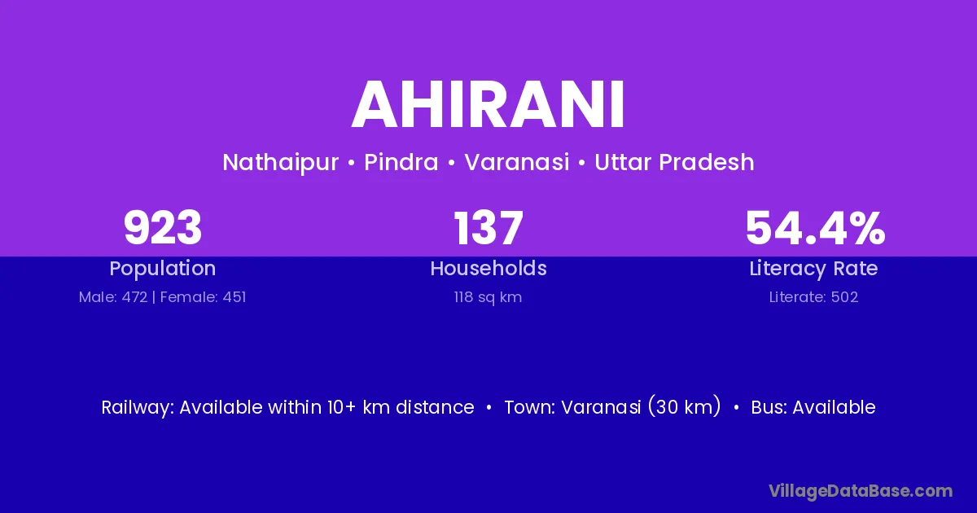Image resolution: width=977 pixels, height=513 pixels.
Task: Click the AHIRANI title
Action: (x=488, y=105)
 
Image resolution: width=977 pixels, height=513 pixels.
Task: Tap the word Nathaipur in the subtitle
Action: (x=280, y=163)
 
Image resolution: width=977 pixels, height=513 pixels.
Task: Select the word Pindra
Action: (x=401, y=162)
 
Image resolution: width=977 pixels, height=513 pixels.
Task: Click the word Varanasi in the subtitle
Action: (x=517, y=162)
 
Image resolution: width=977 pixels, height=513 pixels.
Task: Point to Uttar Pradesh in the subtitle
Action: (x=674, y=163)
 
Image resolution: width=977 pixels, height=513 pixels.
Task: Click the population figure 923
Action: (x=163, y=228)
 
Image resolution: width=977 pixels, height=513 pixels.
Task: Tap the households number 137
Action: (x=488, y=228)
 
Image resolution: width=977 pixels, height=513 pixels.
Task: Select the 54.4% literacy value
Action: (x=815, y=228)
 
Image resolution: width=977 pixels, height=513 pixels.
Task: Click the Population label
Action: (x=163, y=269)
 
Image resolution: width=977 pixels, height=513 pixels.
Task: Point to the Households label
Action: (x=488, y=268)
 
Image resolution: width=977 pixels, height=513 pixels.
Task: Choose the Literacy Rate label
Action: (x=813, y=269)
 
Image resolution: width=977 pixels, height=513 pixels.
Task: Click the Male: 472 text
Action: (x=113, y=297)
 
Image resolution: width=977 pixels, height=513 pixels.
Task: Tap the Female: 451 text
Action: (x=204, y=297)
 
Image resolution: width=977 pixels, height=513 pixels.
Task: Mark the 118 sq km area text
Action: (x=488, y=297)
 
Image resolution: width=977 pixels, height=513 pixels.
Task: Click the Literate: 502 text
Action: (x=813, y=297)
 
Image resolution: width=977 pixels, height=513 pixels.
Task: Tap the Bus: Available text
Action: (x=813, y=407)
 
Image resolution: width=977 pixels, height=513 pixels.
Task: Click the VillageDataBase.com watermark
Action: (x=861, y=491)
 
